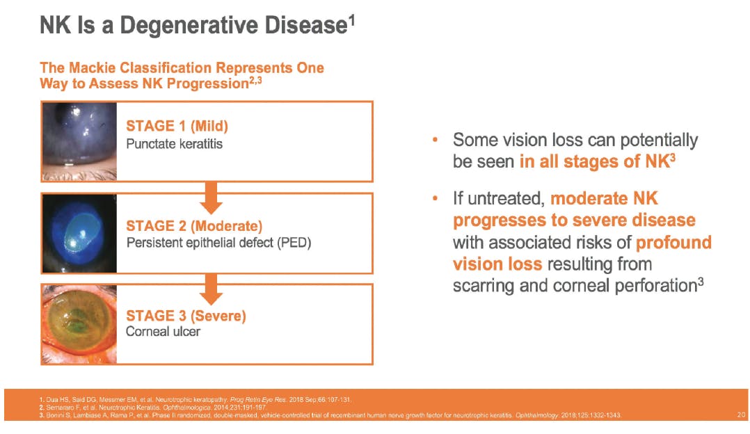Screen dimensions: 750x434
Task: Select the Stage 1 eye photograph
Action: (79, 141)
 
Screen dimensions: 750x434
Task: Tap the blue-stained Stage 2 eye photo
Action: (79, 233)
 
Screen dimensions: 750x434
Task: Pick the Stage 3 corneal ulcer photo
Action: (79, 324)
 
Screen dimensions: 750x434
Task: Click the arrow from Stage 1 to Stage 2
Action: (211, 198)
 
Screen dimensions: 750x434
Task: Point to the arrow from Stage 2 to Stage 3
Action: (211, 289)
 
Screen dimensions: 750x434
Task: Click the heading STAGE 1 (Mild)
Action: (177, 126)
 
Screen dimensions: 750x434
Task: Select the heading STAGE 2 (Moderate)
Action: (194, 225)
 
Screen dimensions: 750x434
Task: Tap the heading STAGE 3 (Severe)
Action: (186, 316)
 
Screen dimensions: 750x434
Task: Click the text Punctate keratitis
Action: (174, 144)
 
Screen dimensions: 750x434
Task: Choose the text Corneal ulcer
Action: (163, 332)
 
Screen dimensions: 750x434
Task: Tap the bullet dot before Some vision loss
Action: (435, 140)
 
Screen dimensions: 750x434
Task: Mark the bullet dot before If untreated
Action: (435, 198)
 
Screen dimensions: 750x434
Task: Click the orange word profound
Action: (673, 243)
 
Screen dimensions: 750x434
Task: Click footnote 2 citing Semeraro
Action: (152, 408)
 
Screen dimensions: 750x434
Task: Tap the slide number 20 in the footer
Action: (741, 415)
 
